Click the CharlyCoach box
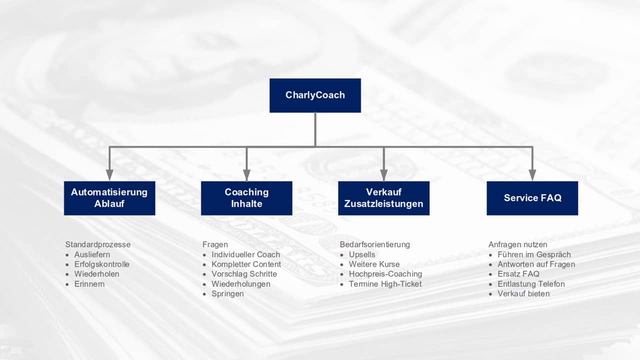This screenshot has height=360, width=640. [x=315, y=95]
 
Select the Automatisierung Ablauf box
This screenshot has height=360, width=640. [x=109, y=198]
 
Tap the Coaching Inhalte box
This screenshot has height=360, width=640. [x=246, y=198]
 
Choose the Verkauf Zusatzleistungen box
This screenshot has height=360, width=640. [x=383, y=198]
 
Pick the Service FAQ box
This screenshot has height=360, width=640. [x=532, y=198]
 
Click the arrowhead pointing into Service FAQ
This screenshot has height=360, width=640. [x=532, y=175]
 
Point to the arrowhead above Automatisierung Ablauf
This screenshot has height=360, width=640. [x=109, y=175]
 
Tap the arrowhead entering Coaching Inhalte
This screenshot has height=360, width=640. [x=246, y=175]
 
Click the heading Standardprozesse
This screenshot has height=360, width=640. [x=97, y=244]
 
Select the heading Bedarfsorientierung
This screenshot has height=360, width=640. [x=374, y=244]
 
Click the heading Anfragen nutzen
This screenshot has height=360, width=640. [x=517, y=244]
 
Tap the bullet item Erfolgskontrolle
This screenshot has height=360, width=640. [x=101, y=264]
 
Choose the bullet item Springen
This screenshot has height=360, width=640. [x=227, y=293]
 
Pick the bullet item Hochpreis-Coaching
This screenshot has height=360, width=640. [x=385, y=274]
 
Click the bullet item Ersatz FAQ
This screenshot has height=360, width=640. [x=518, y=274]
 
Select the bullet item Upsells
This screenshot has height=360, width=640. [x=362, y=254]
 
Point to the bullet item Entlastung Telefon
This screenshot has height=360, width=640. [x=531, y=284]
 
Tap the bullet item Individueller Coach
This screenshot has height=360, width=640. [x=245, y=254]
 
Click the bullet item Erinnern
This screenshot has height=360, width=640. [x=89, y=284]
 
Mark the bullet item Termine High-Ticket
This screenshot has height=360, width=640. [x=385, y=284]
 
